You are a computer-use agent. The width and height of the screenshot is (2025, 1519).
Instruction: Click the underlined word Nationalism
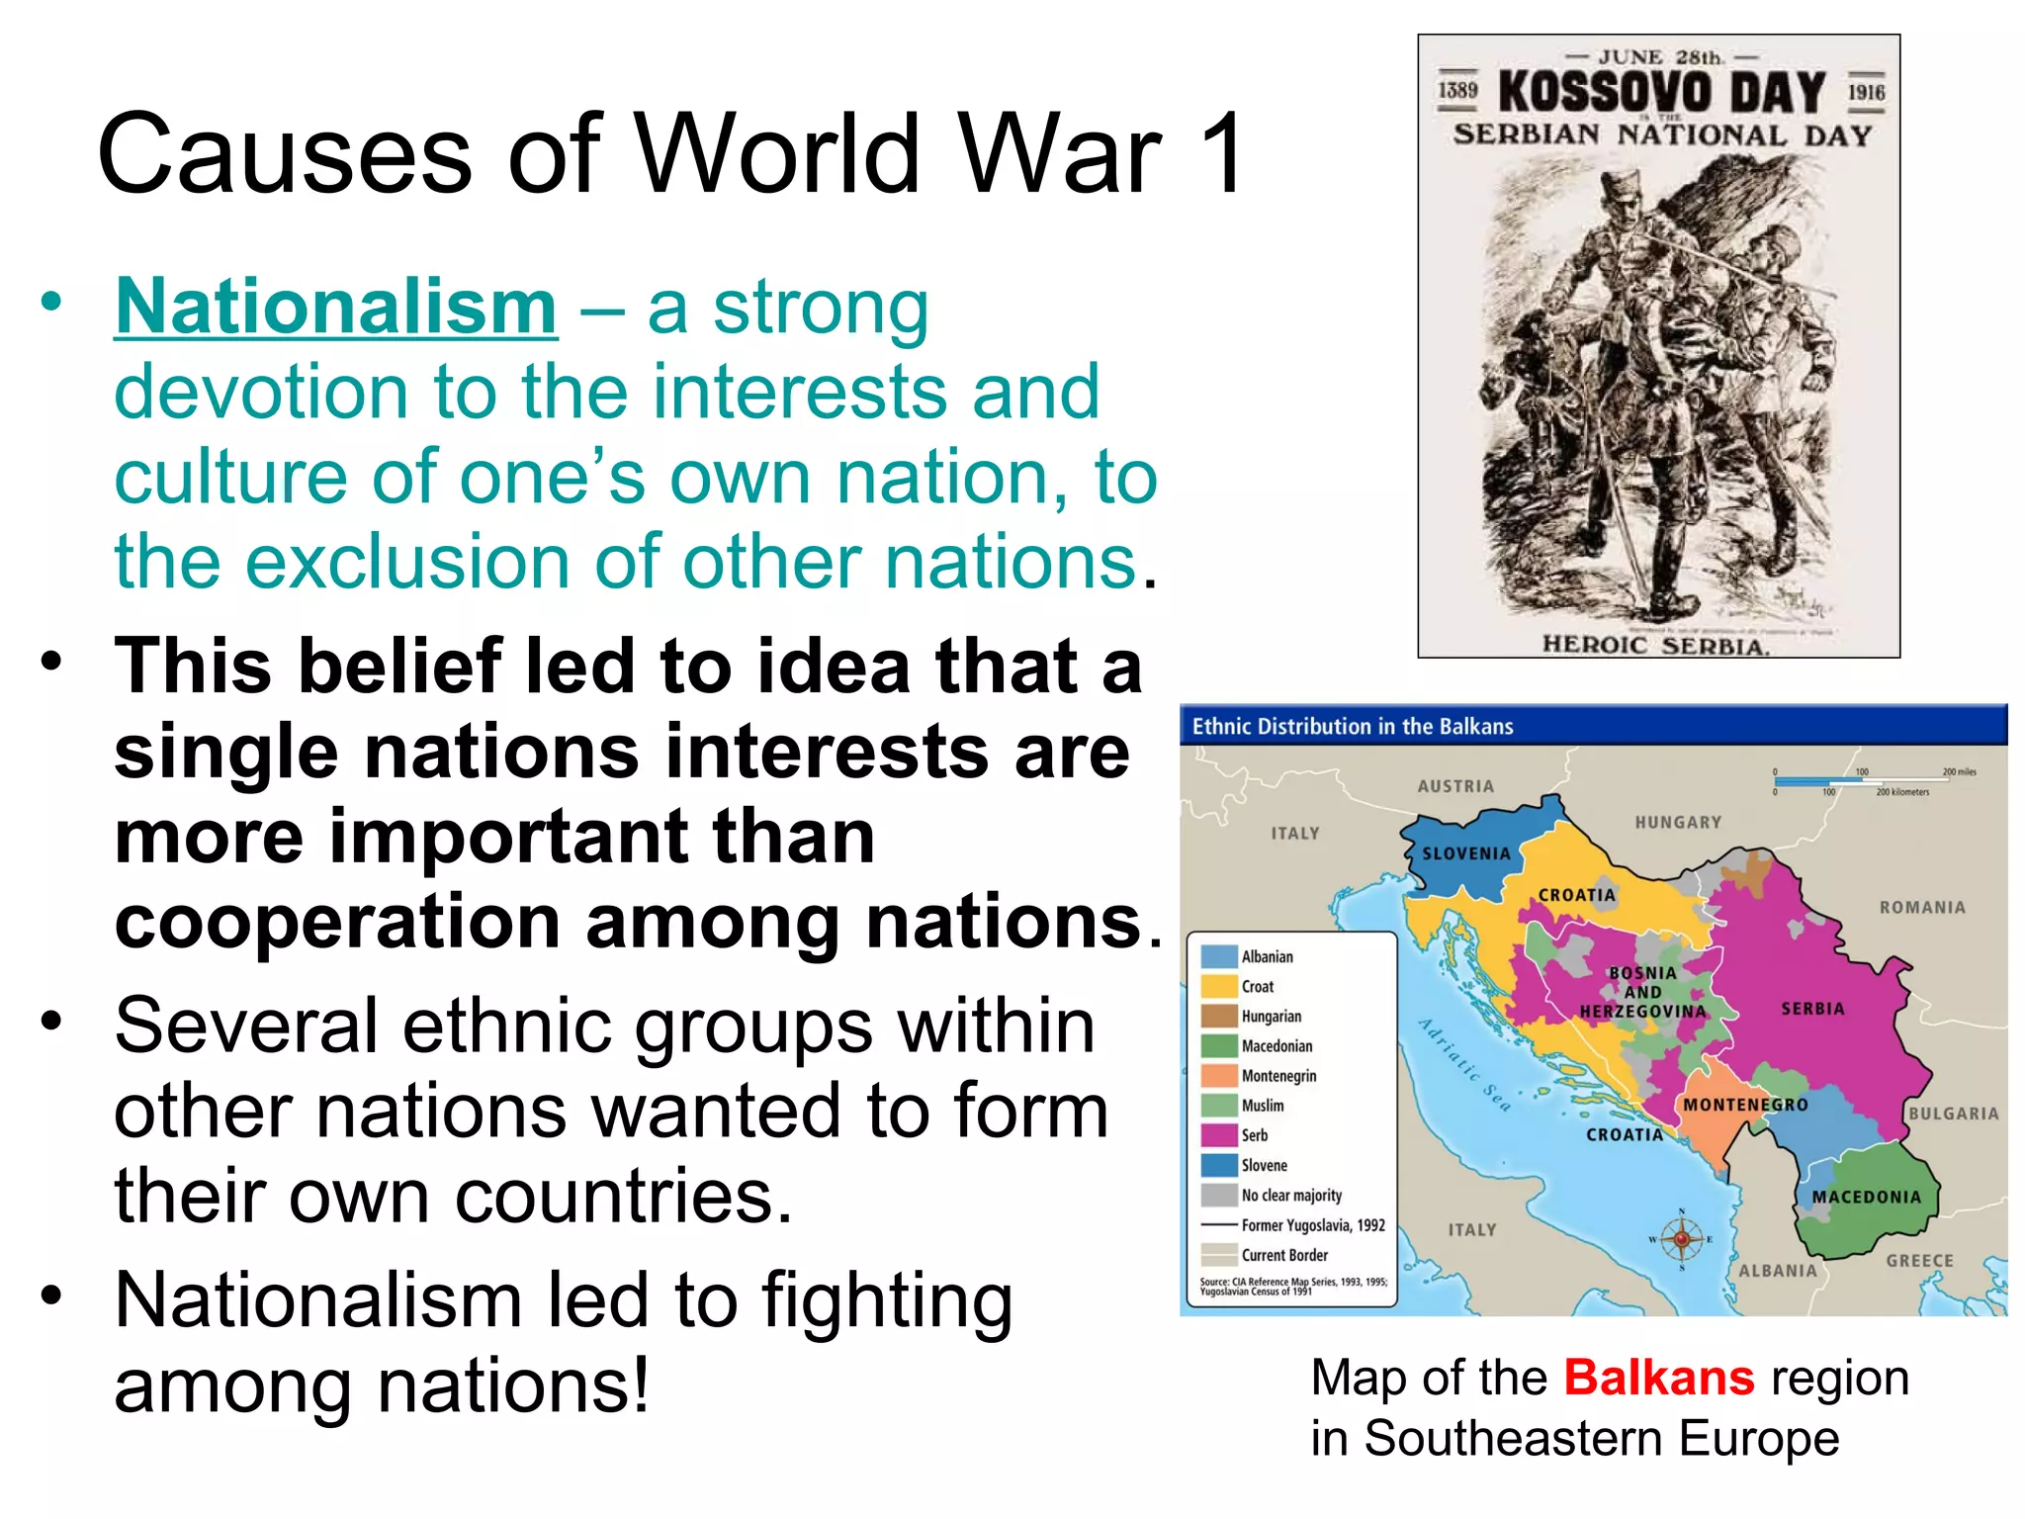[336, 308]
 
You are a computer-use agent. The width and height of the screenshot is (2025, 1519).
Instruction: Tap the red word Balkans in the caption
[1659, 1377]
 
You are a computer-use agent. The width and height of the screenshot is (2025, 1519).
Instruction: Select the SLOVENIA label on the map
[1466, 853]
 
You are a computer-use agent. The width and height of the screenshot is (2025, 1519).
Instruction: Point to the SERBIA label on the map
[1812, 1009]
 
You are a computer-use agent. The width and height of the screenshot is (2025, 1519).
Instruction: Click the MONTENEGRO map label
[1745, 1105]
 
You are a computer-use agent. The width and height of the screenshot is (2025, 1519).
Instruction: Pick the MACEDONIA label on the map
[1866, 1197]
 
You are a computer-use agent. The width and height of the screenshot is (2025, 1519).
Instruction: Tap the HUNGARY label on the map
[1678, 822]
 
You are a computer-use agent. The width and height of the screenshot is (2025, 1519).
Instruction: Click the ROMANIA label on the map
[1922, 907]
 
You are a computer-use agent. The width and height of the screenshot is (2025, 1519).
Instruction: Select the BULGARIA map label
[1953, 1114]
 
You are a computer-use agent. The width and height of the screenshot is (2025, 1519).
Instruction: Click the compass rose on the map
[1682, 1239]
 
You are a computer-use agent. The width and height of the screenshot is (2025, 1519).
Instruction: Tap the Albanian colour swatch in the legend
[1219, 956]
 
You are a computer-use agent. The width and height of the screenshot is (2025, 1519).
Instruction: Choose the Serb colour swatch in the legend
[1219, 1135]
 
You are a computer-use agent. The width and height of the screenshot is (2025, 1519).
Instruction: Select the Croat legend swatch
[1219, 986]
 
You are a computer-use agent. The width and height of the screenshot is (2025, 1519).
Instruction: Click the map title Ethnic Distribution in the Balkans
[1352, 727]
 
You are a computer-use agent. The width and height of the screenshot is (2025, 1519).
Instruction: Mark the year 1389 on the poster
[1456, 91]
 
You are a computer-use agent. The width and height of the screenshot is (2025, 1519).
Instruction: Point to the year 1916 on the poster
[1866, 92]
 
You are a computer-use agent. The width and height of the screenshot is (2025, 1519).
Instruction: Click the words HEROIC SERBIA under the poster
[1655, 646]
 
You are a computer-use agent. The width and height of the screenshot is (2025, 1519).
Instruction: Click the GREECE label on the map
[1919, 1261]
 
